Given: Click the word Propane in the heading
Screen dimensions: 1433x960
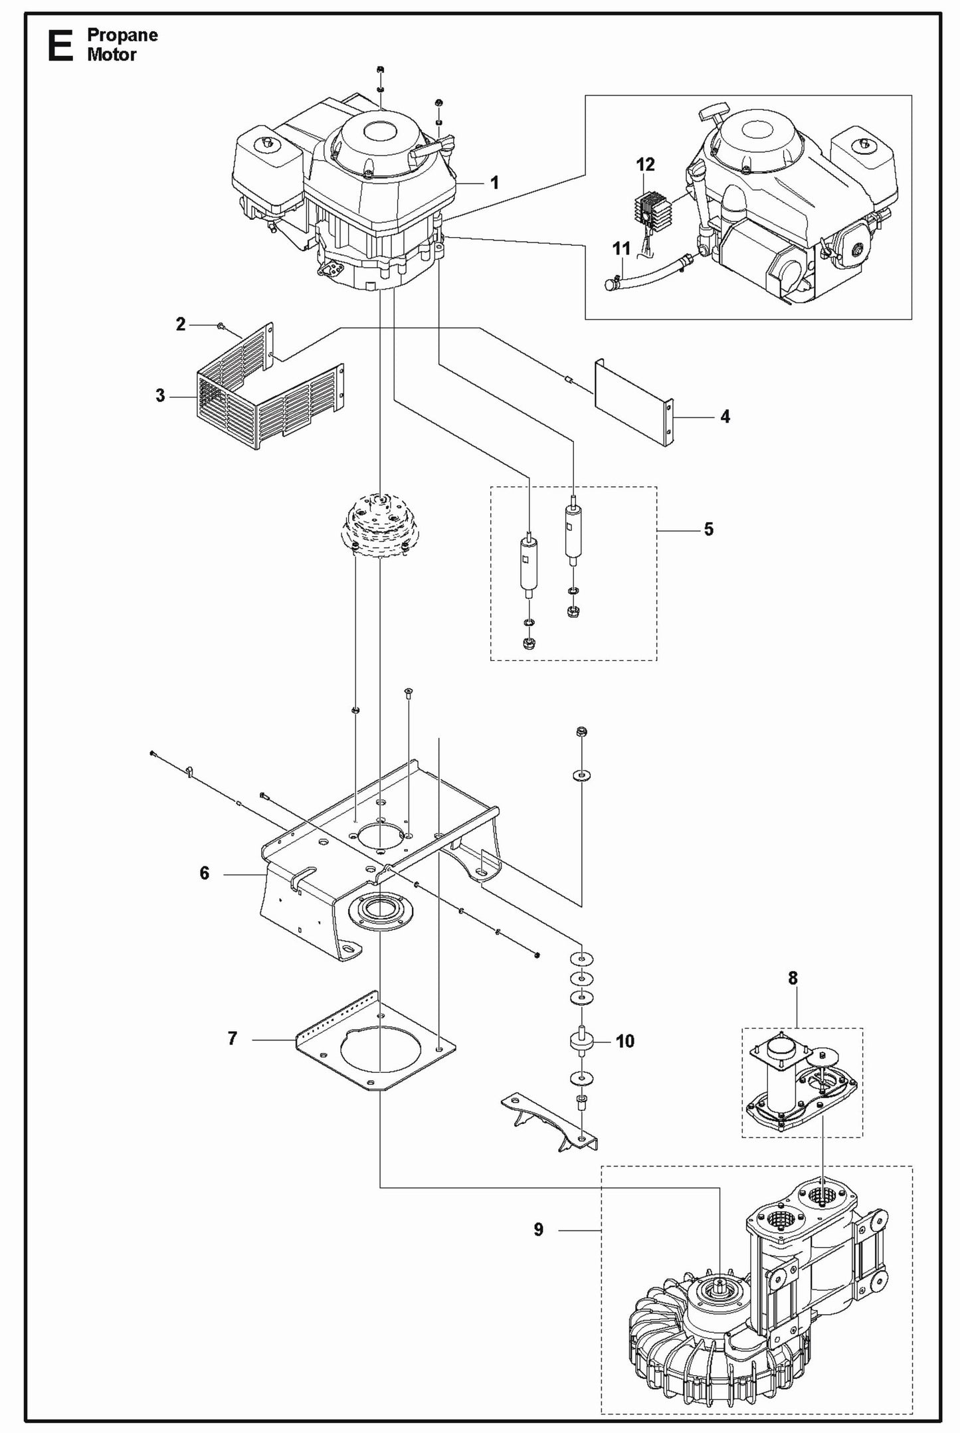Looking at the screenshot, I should [122, 35].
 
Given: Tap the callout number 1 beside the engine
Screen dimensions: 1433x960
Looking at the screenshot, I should [494, 183].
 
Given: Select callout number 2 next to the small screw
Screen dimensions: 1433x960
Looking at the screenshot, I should [181, 325].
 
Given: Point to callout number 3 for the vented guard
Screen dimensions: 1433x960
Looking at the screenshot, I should [160, 396].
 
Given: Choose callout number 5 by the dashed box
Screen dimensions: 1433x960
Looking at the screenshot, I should [708, 529].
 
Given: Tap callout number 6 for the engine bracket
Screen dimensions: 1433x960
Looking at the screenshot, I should [204, 873].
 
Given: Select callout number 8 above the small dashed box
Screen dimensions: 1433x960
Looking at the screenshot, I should [793, 978].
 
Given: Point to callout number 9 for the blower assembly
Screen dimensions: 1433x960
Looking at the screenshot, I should [538, 1230].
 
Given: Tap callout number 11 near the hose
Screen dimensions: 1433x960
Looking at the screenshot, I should [621, 249].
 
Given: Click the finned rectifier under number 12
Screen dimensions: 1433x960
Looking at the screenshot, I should [648, 210].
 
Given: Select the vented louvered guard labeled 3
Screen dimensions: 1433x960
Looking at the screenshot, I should [266, 399].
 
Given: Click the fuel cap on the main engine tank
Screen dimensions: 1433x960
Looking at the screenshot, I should [267, 143].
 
